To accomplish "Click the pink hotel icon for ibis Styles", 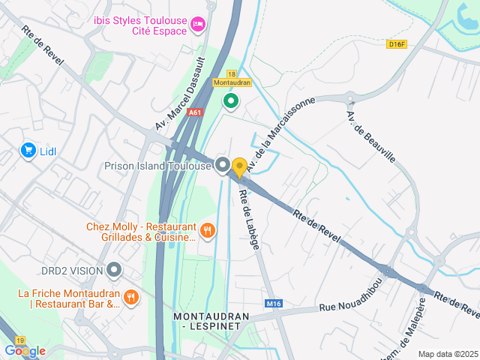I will click(x=198, y=25).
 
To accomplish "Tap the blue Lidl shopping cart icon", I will click(x=28, y=151).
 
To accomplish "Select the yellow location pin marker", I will click(x=239, y=167).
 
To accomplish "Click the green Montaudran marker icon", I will click(x=231, y=100).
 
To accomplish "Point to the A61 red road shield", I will click(x=196, y=112).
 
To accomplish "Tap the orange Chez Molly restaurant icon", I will click(x=208, y=231).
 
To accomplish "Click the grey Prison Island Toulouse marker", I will click(x=222, y=165).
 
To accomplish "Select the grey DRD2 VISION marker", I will click(x=114, y=268).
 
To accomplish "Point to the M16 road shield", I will click(x=274, y=304).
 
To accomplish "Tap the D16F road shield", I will click(x=397, y=44).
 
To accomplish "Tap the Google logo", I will click(x=25, y=350).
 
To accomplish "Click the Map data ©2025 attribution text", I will click(x=448, y=354).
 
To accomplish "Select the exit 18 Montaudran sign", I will click(x=232, y=78).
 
